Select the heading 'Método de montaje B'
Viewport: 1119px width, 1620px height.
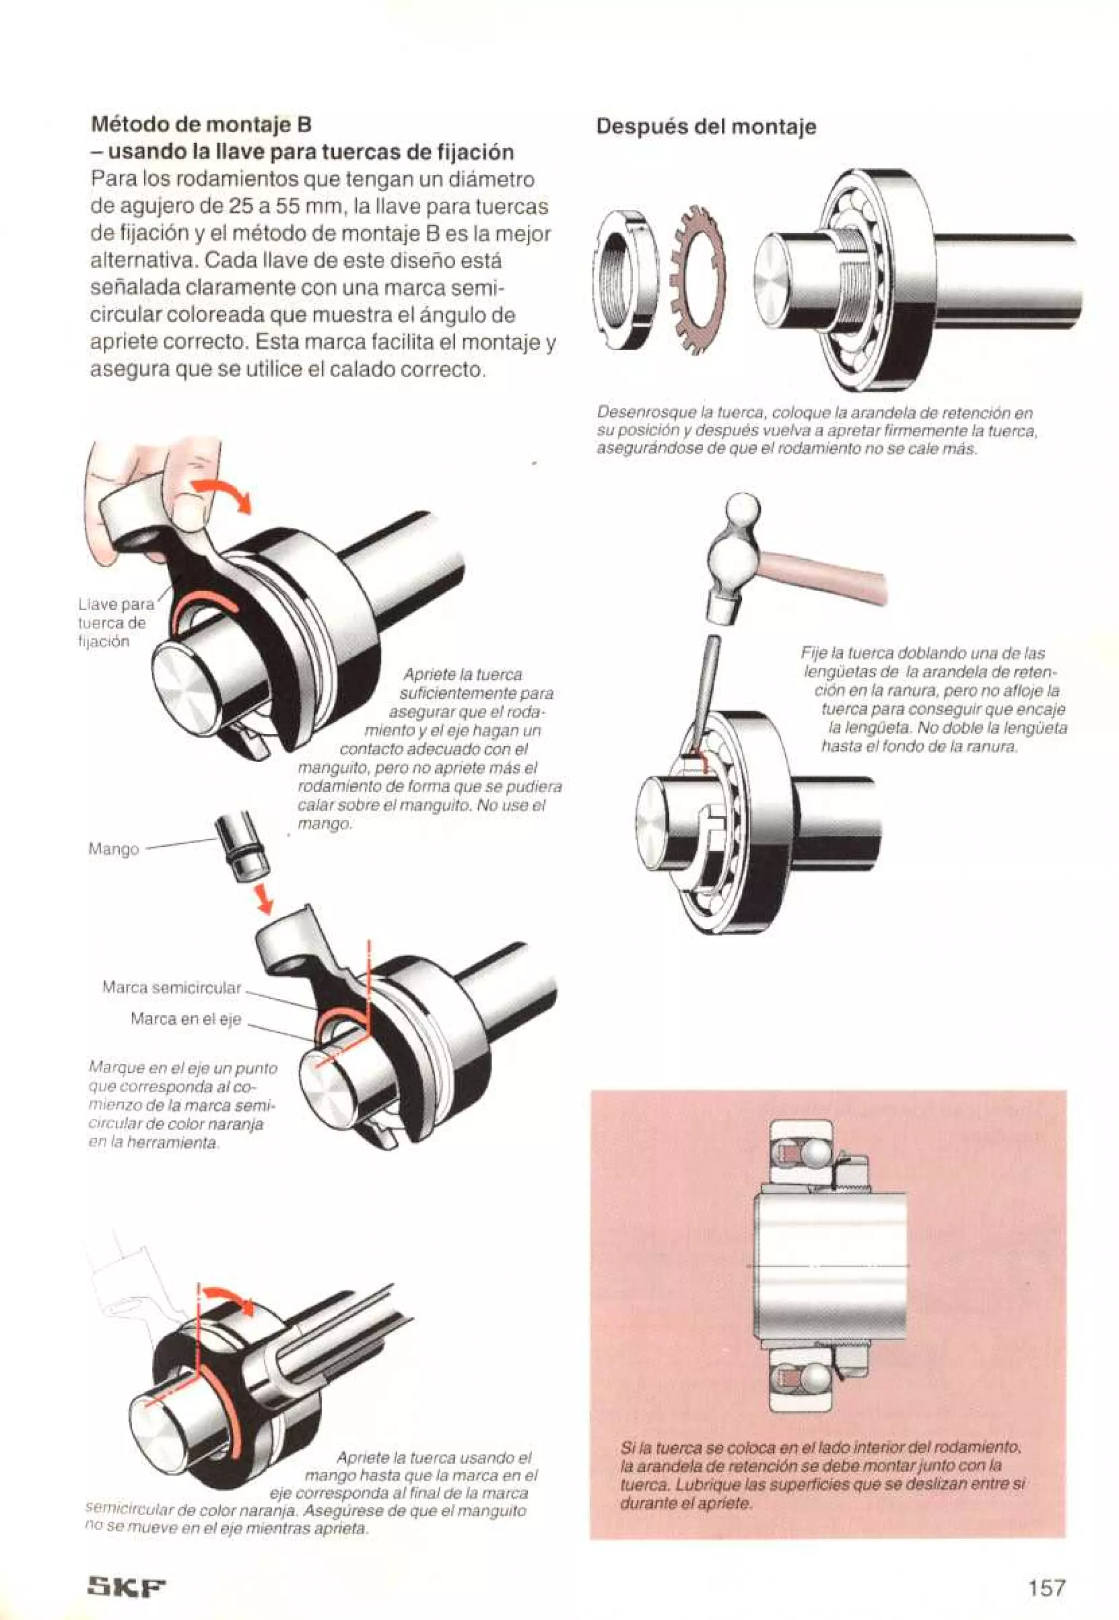pyautogui.click(x=201, y=124)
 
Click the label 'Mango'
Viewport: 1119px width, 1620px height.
pyautogui.click(x=113, y=849)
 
